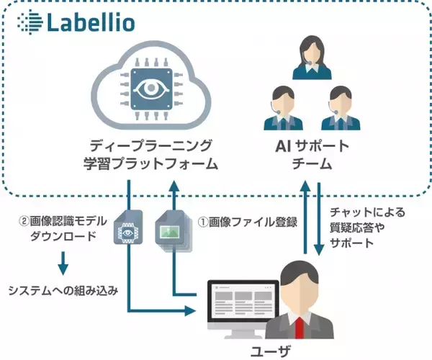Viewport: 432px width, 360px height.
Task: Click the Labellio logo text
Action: [x=91, y=22]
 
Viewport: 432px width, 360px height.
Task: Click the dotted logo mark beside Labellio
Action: [x=27, y=22]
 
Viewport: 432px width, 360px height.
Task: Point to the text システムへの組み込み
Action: [x=63, y=290]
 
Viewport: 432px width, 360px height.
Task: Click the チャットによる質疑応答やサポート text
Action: [x=366, y=228]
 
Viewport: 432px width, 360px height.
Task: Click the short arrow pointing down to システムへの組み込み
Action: [x=63, y=262]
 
